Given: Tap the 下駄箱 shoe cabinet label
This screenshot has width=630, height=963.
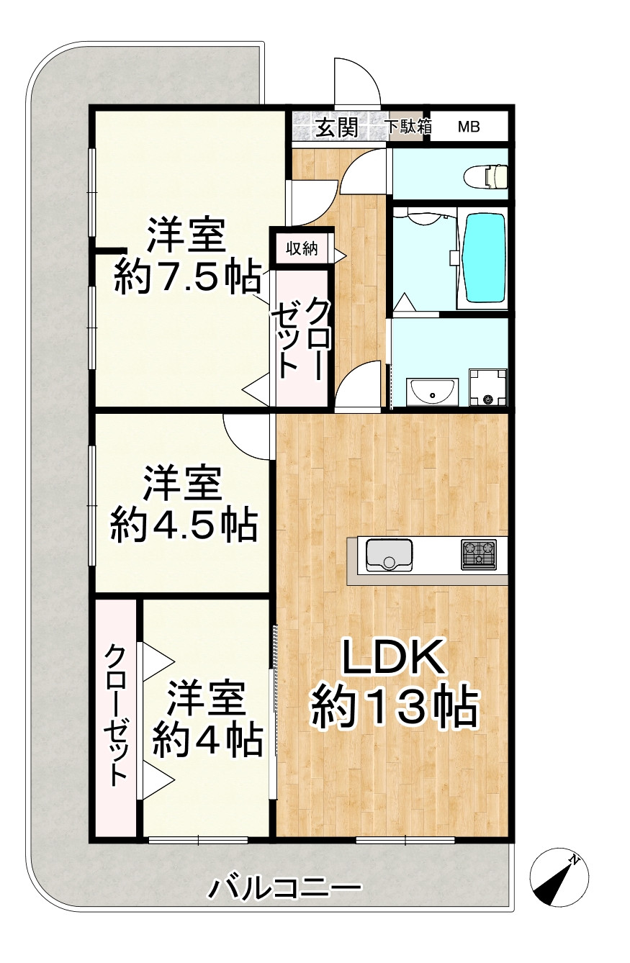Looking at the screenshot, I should (x=409, y=127).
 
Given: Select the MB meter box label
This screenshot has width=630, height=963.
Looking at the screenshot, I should (x=469, y=127).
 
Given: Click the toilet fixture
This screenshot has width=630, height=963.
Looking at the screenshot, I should (x=487, y=176).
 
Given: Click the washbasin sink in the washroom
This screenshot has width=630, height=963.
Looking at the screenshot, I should (x=432, y=392).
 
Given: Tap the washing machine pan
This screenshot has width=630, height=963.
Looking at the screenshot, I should (x=487, y=388).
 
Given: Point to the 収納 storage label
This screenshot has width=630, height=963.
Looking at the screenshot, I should (x=302, y=249).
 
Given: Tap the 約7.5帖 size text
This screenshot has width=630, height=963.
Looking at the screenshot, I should (x=188, y=276).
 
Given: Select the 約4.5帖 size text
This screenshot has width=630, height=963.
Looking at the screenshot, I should (x=183, y=526).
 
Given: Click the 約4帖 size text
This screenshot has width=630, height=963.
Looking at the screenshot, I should (x=207, y=738).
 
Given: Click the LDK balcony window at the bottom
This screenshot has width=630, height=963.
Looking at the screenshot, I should (x=405, y=840).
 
